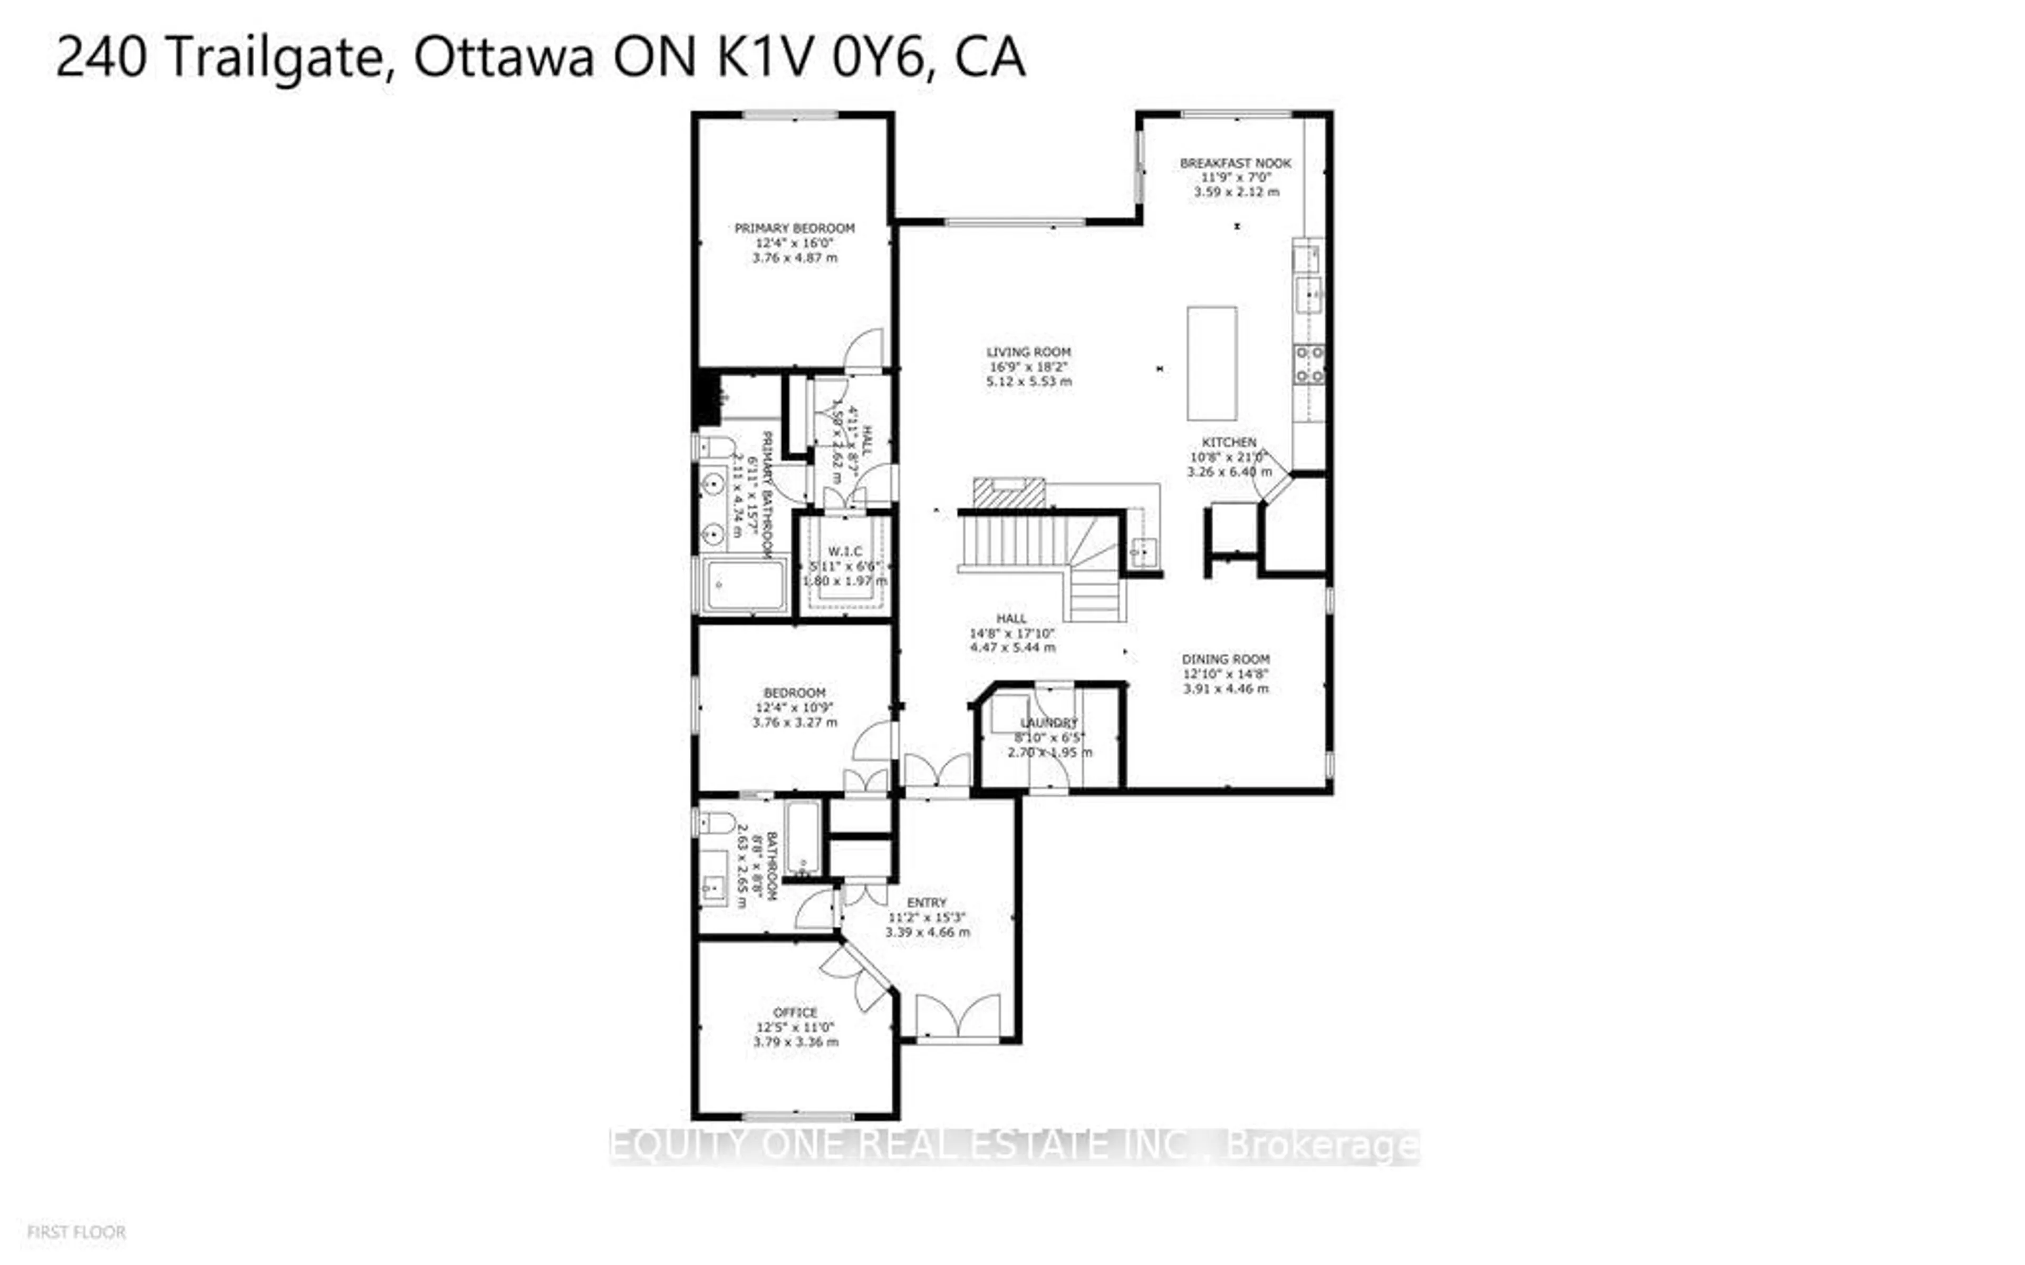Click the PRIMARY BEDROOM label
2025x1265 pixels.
coord(794,228)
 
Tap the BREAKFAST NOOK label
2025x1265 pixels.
coord(1235,163)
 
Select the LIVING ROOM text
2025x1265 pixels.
coord(1028,352)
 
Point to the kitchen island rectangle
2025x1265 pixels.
coord(1212,363)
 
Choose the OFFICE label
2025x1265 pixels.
coord(795,1013)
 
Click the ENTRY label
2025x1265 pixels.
coord(927,903)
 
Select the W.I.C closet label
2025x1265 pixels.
coord(844,551)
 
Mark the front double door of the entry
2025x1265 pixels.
coord(958,1017)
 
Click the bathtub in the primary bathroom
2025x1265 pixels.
coord(745,585)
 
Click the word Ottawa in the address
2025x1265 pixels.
coord(504,58)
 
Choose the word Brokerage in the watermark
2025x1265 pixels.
coord(1322,1146)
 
